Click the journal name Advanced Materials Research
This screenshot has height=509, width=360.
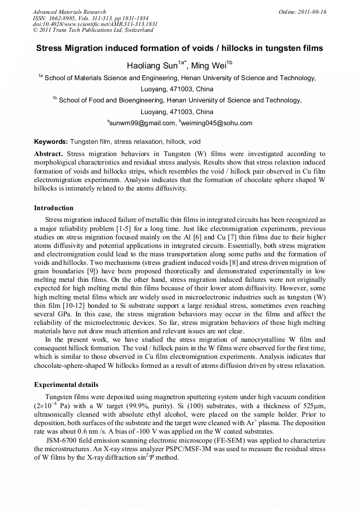69,12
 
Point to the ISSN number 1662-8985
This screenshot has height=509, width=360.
64,18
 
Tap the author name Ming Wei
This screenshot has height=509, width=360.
208,66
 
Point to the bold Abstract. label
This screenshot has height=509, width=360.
49,153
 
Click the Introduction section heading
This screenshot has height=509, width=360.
54,208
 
